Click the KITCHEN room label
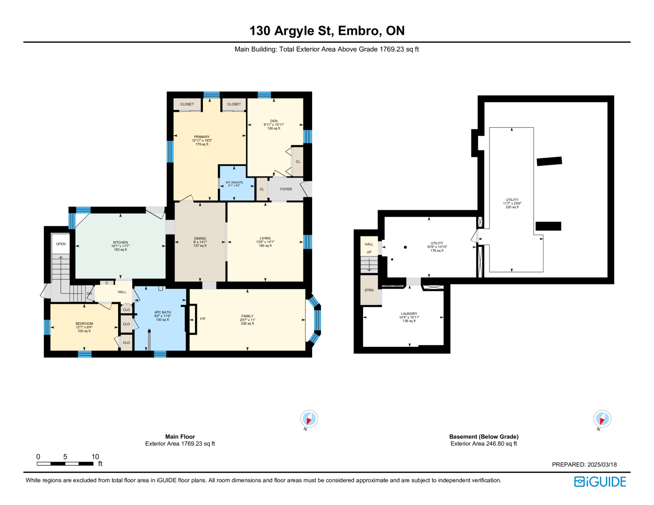121,242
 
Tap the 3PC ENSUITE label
234,182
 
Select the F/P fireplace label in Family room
203,319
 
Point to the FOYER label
286,189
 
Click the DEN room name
274,121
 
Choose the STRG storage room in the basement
369,290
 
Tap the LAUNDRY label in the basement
409,313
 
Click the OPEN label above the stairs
61,244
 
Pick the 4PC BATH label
163,313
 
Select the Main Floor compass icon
309,419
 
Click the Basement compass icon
602,419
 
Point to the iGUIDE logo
600,482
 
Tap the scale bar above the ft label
65,464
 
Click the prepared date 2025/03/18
602,465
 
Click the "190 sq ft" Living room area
265,246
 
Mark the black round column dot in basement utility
405,247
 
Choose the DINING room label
200,239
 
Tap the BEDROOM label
84,324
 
